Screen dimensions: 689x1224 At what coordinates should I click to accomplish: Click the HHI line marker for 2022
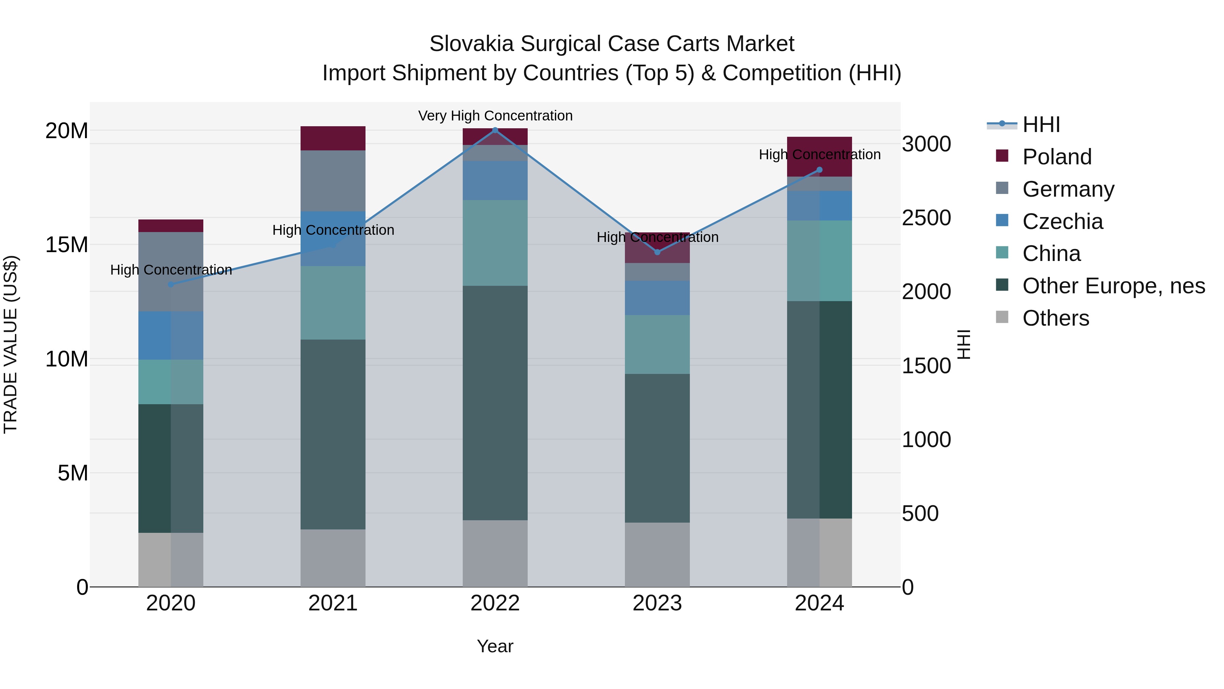click(495, 130)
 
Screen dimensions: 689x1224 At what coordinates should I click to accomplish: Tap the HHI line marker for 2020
click(171, 284)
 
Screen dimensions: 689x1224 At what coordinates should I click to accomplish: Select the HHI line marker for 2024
click(819, 170)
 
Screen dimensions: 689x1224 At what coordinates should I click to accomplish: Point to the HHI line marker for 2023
click(657, 252)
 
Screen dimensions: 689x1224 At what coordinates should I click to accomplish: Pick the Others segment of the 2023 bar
click(657, 555)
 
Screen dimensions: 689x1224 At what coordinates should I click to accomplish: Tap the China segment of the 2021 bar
click(333, 302)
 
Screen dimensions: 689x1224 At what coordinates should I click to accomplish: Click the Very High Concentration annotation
click(495, 116)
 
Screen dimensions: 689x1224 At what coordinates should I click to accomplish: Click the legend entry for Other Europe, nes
click(1113, 286)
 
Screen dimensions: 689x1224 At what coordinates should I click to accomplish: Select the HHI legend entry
click(1041, 125)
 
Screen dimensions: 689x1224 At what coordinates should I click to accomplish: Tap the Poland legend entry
click(1057, 157)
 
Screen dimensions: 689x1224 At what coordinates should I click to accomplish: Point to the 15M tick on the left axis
click(67, 245)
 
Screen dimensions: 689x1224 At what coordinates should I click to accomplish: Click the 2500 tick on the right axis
click(926, 218)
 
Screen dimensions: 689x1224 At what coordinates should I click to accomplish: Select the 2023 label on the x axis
click(657, 603)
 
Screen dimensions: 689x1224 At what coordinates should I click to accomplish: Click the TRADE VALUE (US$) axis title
click(11, 344)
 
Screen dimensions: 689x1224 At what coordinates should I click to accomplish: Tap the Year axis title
click(495, 646)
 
